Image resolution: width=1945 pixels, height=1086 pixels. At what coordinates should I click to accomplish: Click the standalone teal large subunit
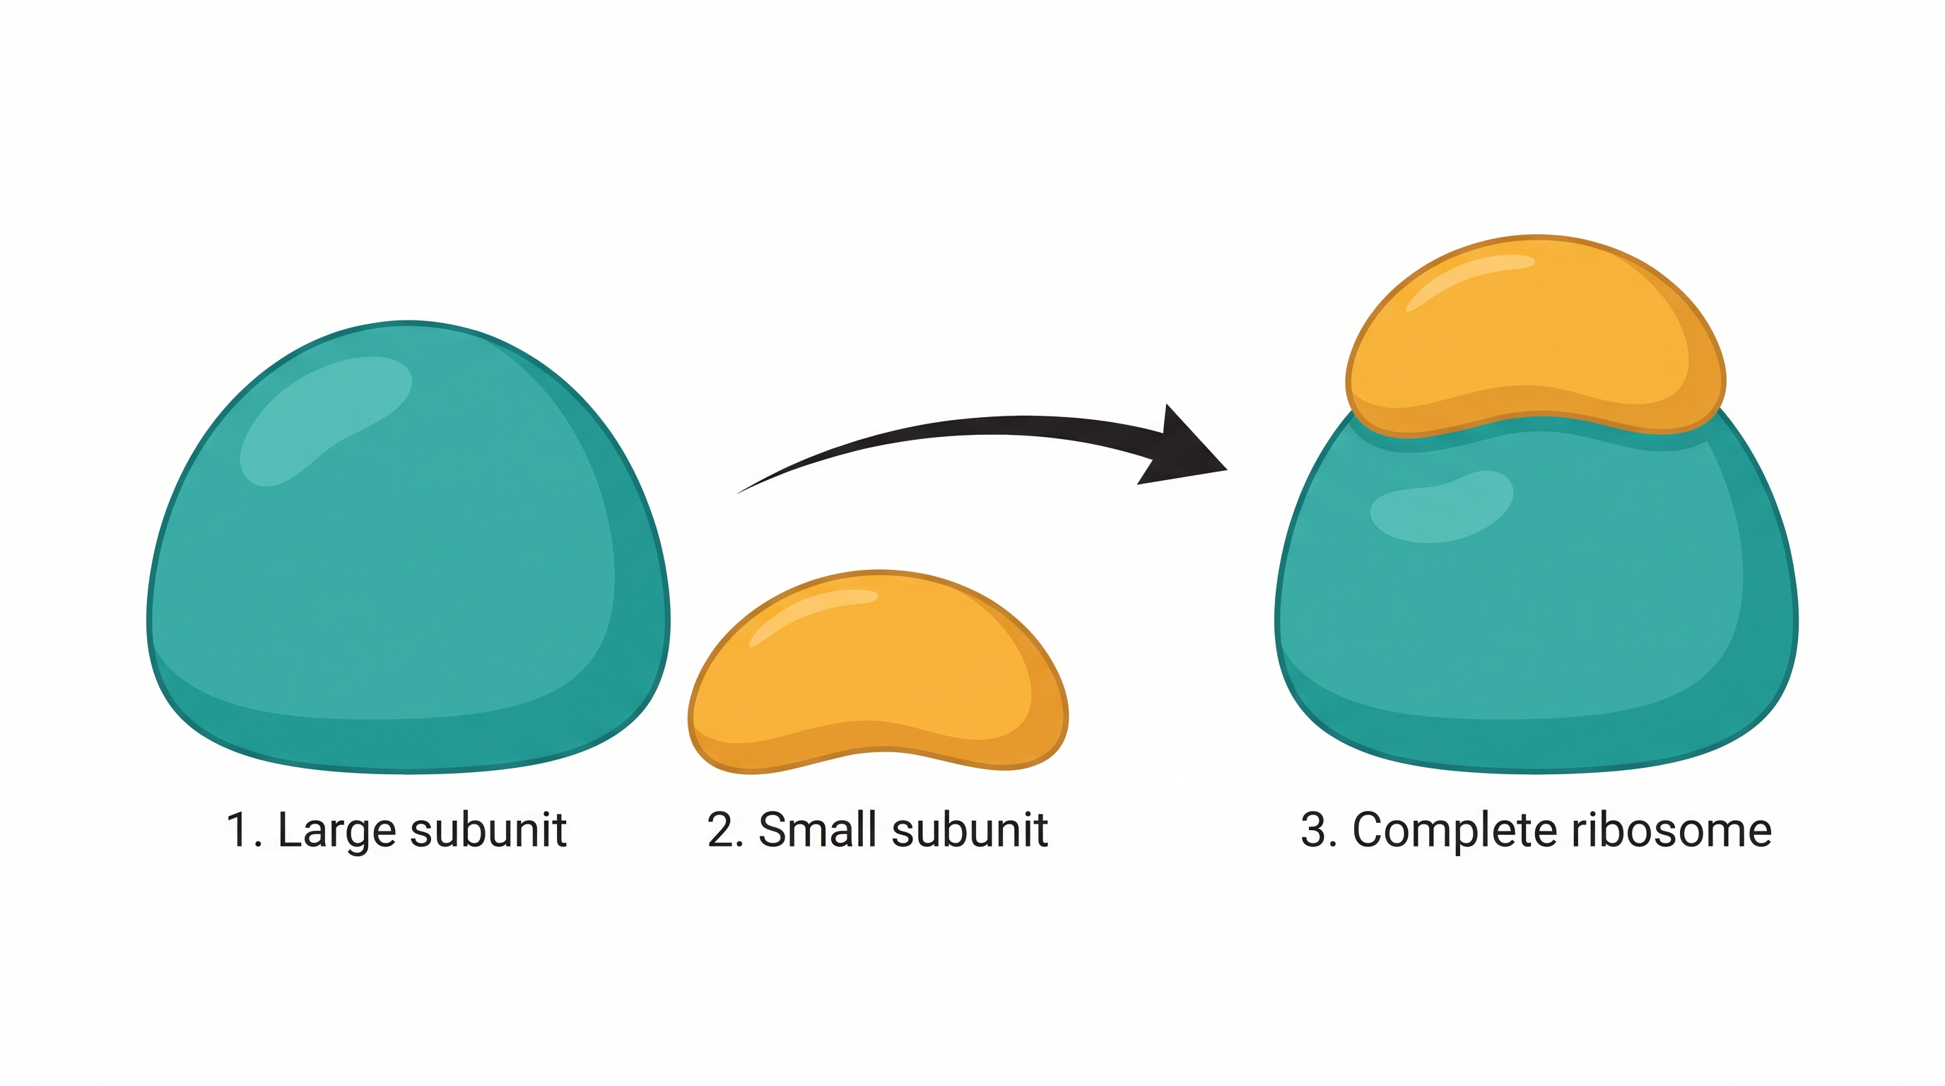pos(408,547)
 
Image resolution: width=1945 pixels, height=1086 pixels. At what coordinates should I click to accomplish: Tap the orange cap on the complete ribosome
pos(1536,336)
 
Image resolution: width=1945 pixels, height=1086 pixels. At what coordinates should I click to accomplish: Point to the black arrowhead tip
pos(1228,469)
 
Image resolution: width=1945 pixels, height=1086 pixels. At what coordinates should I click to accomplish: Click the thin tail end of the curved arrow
pos(738,494)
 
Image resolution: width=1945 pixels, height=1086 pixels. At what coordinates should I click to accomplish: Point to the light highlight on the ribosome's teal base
pos(1440,506)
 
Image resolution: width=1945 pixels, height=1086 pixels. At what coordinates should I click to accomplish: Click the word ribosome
pos(1671,831)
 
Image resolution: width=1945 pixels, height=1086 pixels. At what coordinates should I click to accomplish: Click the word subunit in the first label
pos(488,831)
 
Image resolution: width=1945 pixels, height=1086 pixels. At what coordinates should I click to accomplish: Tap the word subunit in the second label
pos(970,831)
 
